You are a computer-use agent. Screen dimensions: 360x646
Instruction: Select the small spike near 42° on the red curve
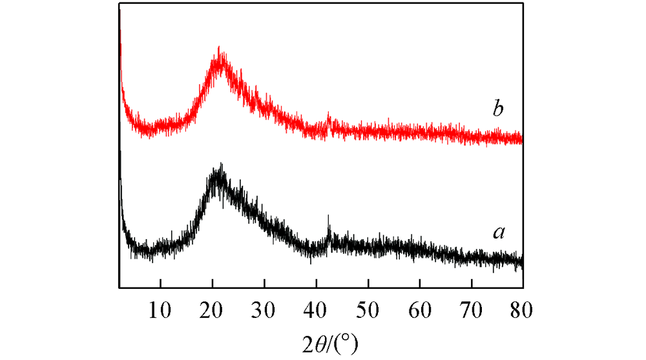[x=329, y=116]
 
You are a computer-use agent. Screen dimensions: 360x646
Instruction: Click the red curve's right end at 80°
[x=521, y=138]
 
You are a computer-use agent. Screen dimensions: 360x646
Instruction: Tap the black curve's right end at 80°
[x=521, y=262]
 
